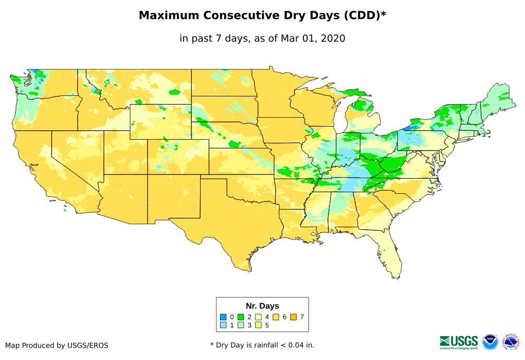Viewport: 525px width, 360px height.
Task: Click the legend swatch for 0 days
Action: click(x=223, y=317)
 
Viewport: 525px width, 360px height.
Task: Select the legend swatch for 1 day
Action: click(x=223, y=325)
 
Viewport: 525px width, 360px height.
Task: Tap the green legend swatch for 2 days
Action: click(x=241, y=317)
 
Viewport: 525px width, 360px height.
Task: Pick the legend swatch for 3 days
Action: click(x=241, y=325)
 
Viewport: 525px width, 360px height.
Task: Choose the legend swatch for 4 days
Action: click(x=258, y=317)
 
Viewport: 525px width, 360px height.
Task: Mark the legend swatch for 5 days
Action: click(x=258, y=325)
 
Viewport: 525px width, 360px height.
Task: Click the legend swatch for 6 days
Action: click(x=276, y=317)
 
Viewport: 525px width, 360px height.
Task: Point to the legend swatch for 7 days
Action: click(x=294, y=317)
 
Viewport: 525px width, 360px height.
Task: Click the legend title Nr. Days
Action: click(x=262, y=306)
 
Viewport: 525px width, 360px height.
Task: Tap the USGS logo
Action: click(x=459, y=342)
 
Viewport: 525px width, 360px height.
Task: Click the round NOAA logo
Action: click(x=490, y=342)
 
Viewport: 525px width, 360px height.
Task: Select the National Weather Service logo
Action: click(x=511, y=342)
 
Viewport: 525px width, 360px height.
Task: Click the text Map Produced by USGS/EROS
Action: click(x=57, y=345)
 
